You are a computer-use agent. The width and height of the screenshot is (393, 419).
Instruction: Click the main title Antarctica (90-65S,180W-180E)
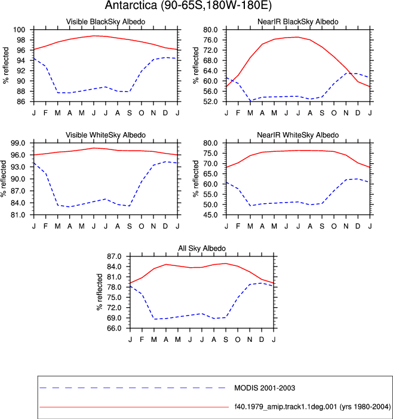(x=188, y=5)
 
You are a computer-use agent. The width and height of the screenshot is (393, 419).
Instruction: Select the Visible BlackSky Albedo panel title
(x=106, y=22)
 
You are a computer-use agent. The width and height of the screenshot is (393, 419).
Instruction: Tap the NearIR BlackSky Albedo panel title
(x=298, y=22)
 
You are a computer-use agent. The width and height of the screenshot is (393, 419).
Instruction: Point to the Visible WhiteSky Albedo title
(x=106, y=135)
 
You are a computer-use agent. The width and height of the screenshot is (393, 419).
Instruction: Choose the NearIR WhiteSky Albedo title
(x=298, y=135)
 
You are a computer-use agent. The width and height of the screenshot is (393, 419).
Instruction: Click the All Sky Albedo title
(x=202, y=248)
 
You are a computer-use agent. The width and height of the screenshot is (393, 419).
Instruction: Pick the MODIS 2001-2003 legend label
(x=265, y=388)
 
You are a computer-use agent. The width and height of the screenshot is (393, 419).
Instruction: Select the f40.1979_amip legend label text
(x=312, y=406)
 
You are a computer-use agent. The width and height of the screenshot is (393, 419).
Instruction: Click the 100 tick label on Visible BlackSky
(x=19, y=30)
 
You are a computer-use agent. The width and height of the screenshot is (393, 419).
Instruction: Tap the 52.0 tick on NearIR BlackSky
(x=210, y=102)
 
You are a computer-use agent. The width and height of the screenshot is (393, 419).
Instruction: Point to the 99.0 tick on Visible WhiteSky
(x=18, y=143)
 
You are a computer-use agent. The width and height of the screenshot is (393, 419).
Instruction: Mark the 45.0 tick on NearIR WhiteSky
(x=210, y=215)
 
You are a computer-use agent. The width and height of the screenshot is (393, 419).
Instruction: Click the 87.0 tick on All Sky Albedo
(x=114, y=256)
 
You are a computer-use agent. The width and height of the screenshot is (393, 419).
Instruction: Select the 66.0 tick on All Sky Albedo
(x=114, y=328)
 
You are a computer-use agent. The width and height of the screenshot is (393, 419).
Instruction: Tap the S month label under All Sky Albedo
(x=226, y=340)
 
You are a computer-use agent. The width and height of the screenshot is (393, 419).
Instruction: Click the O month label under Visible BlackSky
(x=141, y=113)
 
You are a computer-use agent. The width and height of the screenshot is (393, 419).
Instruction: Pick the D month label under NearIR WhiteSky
(x=358, y=227)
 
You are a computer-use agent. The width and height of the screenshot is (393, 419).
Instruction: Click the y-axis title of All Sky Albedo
(x=99, y=292)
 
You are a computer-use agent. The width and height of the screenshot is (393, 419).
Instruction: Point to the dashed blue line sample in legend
(x=133, y=388)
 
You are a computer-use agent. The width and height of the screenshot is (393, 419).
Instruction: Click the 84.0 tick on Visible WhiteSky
(x=18, y=203)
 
